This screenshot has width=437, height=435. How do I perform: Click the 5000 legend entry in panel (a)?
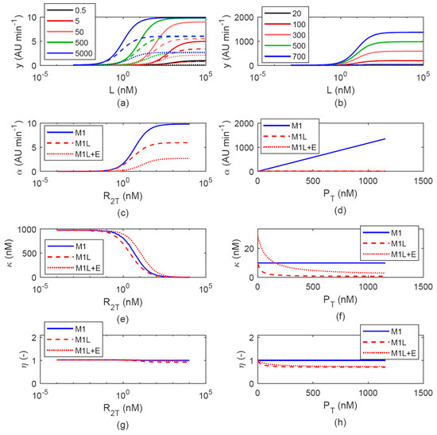pos(69,53)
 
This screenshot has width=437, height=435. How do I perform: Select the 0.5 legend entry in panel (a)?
pos(66,10)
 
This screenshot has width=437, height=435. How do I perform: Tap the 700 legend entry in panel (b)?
pos(284,56)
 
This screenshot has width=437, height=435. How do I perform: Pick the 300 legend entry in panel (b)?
pos(284,35)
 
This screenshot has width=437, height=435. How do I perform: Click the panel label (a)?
pos(123,103)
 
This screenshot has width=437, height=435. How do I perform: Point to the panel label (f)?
pos(340,317)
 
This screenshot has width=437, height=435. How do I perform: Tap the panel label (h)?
pos(340,422)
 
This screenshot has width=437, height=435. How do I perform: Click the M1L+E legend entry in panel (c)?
pos(74,154)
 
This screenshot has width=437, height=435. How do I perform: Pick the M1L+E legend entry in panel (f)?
pos(389,254)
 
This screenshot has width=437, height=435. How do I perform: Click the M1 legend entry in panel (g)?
pos(66,329)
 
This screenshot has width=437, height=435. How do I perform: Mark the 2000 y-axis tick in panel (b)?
pos(244,17)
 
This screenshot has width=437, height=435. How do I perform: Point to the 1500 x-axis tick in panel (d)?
pos(423,181)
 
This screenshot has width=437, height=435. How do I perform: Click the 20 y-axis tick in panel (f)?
pos(249,249)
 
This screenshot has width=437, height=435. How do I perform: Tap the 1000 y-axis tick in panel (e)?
pos(27,230)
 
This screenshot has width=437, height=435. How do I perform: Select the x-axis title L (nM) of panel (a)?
pos(123,90)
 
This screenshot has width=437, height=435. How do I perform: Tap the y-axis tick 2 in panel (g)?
pos(34,338)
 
